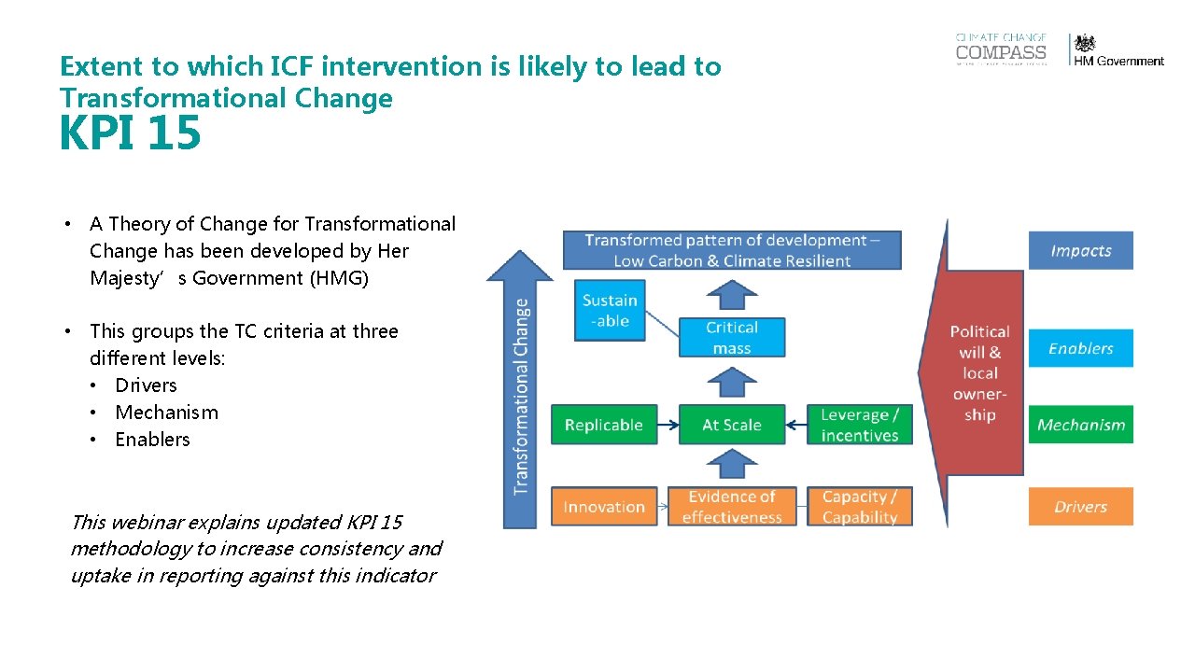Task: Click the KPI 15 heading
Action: (130, 133)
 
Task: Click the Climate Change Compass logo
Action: (1001, 49)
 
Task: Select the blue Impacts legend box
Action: (1080, 250)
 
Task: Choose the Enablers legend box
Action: (1080, 348)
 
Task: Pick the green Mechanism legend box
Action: (1080, 425)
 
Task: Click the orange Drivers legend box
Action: (1080, 507)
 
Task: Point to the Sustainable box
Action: (610, 310)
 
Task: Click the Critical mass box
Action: (731, 338)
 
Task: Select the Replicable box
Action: (604, 425)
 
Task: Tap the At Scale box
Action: (731, 425)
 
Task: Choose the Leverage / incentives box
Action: (859, 425)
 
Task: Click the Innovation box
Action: (604, 507)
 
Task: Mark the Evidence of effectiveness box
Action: (731, 507)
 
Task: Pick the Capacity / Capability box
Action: (859, 507)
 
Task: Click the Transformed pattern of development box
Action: (731, 250)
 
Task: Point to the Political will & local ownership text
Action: (979, 372)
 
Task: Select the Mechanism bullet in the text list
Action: (166, 413)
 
